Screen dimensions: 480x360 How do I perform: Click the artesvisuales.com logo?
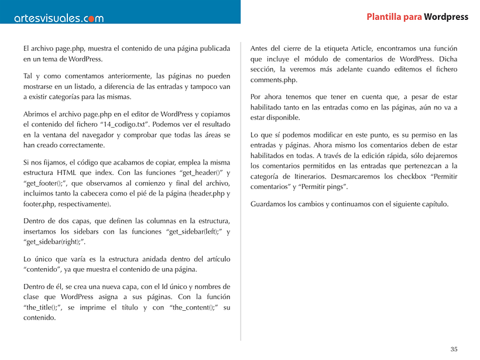click(x=59, y=18)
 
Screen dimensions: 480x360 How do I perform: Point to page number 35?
click(x=454, y=349)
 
